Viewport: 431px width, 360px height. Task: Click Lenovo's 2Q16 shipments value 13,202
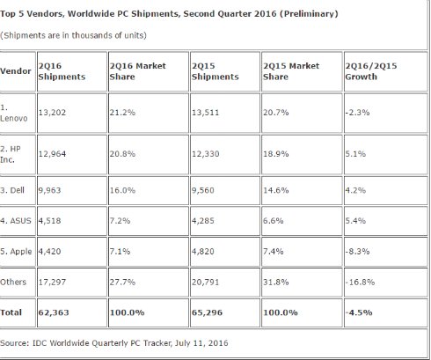(x=52, y=113)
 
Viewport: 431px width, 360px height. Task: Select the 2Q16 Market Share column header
(x=137, y=71)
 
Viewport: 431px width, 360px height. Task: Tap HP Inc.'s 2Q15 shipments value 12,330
(x=205, y=154)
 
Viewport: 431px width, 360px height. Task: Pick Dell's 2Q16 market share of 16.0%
(x=122, y=190)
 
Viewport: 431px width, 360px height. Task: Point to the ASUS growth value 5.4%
(x=355, y=221)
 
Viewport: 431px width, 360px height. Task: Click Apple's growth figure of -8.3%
(x=357, y=252)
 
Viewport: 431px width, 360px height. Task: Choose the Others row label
(x=13, y=282)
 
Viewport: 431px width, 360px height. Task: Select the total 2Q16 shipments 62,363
(x=54, y=312)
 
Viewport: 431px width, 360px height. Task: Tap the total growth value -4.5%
(x=359, y=312)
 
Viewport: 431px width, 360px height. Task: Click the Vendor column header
(x=16, y=71)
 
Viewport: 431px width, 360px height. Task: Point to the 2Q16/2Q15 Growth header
(x=371, y=71)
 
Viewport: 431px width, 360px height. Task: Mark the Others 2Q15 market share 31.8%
(x=275, y=282)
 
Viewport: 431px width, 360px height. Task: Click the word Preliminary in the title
(x=309, y=14)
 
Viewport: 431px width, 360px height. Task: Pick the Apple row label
(x=16, y=252)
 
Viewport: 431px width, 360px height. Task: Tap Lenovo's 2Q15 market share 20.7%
(x=275, y=113)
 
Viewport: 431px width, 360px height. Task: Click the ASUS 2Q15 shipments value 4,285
(x=203, y=221)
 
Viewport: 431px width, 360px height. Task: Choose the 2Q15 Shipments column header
(x=215, y=71)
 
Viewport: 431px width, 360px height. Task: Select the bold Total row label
(x=11, y=312)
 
